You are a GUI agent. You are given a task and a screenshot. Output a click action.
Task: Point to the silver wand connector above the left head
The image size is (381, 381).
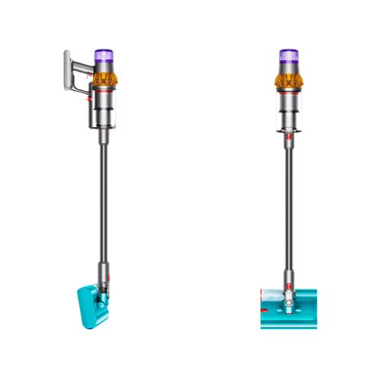pos(102,271)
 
